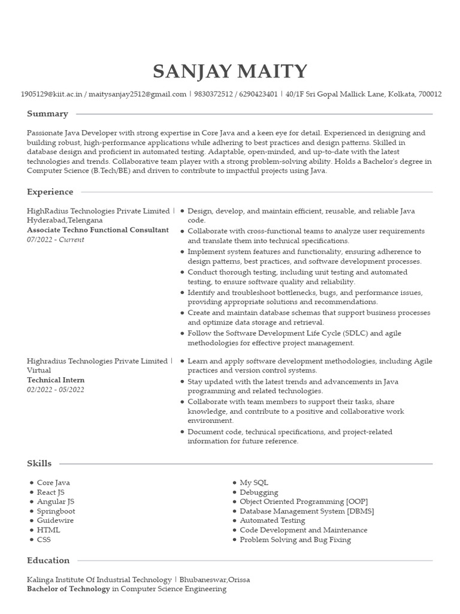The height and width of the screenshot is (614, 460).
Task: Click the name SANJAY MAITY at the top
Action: [x=230, y=72]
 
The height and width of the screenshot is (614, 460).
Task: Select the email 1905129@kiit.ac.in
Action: [x=52, y=94]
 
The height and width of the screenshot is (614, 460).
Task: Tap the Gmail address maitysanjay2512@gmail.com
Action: [x=137, y=94]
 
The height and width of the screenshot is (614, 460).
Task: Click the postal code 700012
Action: [x=430, y=94]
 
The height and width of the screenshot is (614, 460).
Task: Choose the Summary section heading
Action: [x=47, y=114]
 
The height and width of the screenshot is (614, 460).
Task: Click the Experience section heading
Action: [x=50, y=192]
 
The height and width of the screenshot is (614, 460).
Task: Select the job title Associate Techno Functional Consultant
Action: [x=98, y=230]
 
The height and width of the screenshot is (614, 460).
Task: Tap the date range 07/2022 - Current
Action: [x=56, y=240]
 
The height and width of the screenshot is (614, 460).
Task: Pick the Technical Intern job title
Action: [x=56, y=380]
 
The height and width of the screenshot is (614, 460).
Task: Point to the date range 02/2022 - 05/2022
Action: [x=56, y=390]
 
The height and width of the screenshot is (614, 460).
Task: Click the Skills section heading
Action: [x=39, y=463]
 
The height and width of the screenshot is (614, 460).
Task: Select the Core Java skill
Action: [x=53, y=483]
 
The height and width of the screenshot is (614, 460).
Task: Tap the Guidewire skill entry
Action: [x=55, y=520]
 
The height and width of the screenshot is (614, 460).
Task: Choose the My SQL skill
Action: [x=254, y=483]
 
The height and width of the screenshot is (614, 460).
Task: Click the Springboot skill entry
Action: [x=56, y=511]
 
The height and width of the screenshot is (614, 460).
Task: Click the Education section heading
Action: [x=48, y=561]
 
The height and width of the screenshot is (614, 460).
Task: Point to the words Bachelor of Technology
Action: [x=68, y=589]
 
